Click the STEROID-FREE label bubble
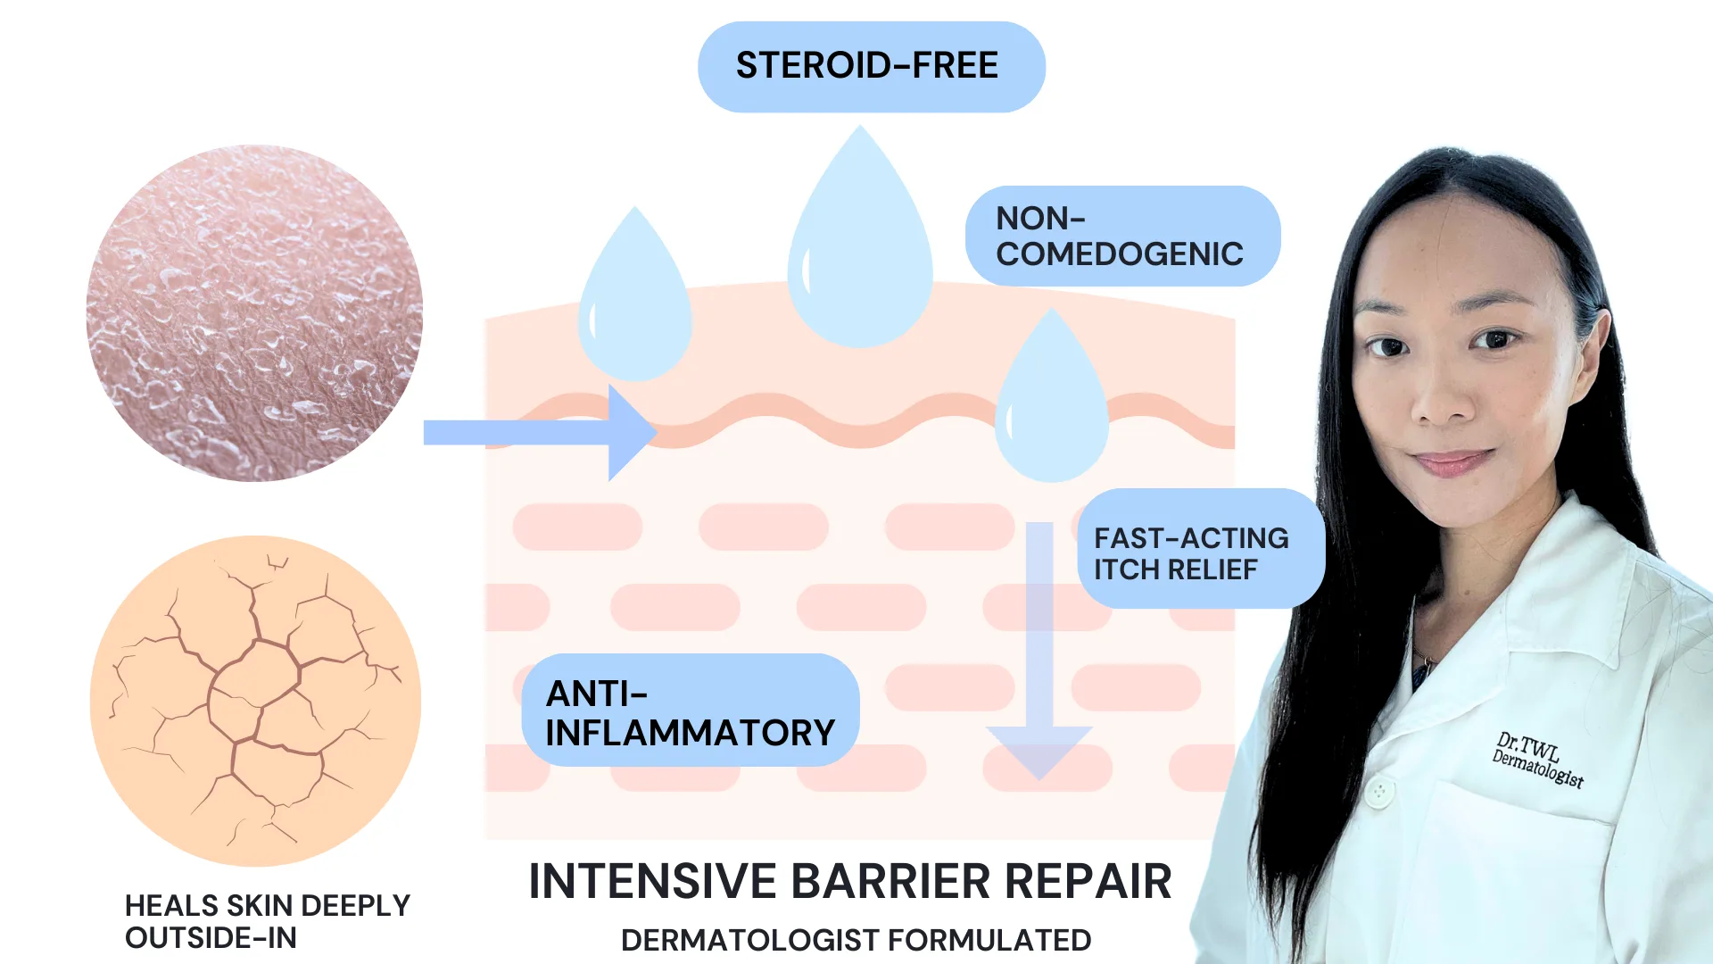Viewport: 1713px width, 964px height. (871, 67)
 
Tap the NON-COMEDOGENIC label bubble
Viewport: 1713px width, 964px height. (1121, 237)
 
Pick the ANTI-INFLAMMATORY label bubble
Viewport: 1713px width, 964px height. (690, 712)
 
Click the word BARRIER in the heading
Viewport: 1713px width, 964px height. (891, 882)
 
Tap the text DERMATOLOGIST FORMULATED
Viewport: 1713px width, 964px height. (856, 940)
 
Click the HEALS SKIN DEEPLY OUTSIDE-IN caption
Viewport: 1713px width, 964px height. (267, 921)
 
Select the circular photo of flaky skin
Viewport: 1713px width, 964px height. (254, 313)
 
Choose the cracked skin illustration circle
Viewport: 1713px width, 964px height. (255, 701)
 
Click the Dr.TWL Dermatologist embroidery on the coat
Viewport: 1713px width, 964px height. (1538, 760)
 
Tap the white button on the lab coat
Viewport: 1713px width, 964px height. (1379, 790)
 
